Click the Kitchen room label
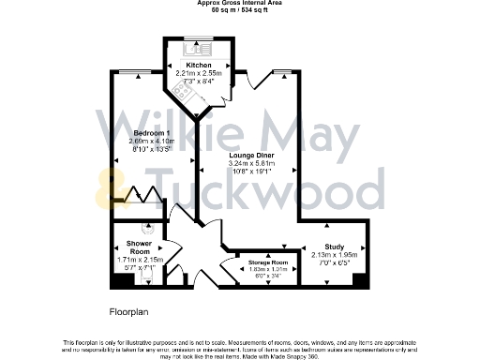[x=186, y=65]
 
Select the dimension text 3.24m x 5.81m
[x=249, y=164]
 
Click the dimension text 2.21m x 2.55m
[x=186, y=72]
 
